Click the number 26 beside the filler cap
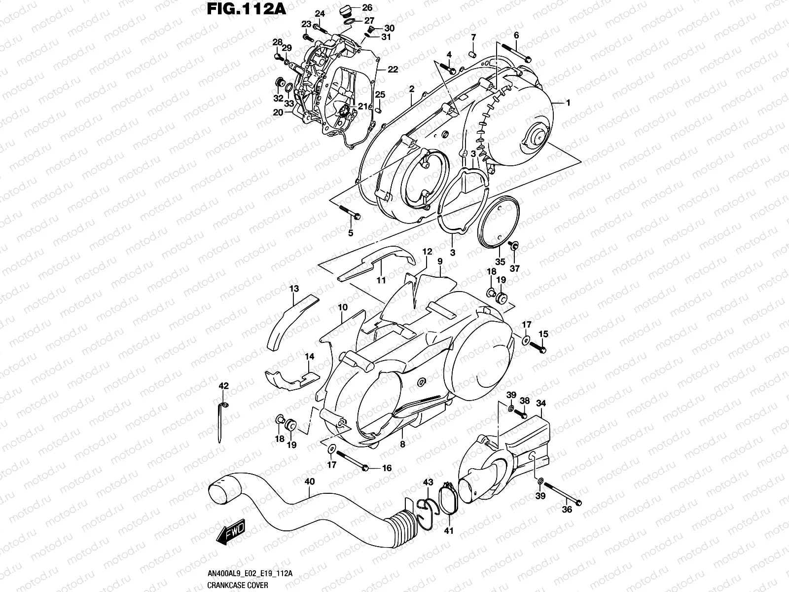coord(367,7)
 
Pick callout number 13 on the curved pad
coord(294,288)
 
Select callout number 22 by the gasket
coord(393,70)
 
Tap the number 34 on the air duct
coord(541,403)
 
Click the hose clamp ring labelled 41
coord(449,498)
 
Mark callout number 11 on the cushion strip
coord(381,280)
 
